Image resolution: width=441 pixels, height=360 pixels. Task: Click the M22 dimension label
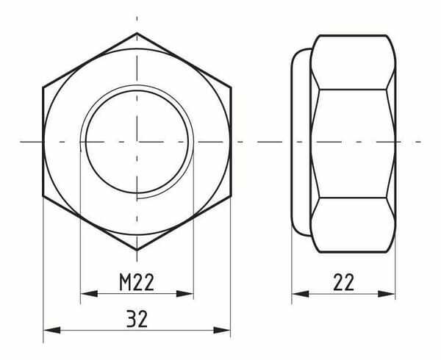pyautogui.click(x=137, y=282)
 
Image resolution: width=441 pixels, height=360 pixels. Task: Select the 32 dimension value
pyautogui.click(x=137, y=319)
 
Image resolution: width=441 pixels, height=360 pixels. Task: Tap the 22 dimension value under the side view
pyautogui.click(x=343, y=282)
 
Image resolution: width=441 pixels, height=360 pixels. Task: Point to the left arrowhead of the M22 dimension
pyautogui.click(x=89, y=294)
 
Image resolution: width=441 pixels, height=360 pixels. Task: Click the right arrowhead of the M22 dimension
pyautogui.click(x=185, y=294)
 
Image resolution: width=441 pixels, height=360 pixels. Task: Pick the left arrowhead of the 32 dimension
pyautogui.click(x=51, y=330)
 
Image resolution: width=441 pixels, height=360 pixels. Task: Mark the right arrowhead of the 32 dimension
pyautogui.click(x=222, y=330)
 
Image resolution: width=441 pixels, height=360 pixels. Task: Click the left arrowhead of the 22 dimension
pyautogui.click(x=301, y=294)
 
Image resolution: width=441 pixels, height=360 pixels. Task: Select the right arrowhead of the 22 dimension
pyautogui.click(x=387, y=294)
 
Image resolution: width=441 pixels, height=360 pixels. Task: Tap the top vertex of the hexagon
pyautogui.click(x=137, y=33)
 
